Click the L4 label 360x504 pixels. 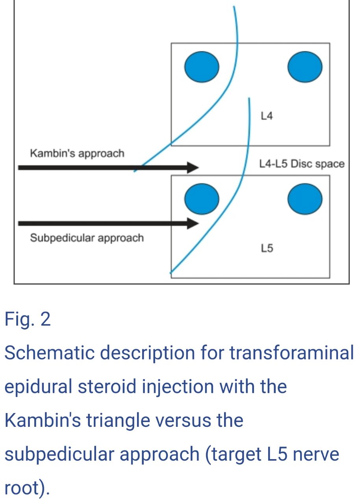click(267, 116)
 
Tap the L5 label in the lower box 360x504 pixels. click(267, 248)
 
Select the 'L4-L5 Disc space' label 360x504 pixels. click(302, 164)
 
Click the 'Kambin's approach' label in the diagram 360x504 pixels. click(77, 153)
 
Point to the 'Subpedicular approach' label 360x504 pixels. click(87, 238)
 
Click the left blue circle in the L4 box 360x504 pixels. click(202, 67)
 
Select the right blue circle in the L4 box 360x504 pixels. click(305, 67)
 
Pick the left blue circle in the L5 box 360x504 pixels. click(202, 199)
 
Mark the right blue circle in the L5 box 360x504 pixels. click(305, 199)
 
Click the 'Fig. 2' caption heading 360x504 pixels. click(28, 320)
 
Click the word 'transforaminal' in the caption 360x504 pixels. click(292, 353)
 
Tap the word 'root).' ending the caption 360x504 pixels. click(27, 488)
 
